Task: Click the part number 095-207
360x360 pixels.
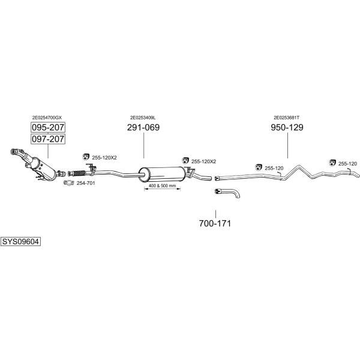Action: tap(48, 127)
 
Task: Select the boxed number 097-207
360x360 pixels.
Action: tap(48, 139)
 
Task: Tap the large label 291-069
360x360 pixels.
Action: tap(143, 127)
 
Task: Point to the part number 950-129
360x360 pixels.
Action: tap(287, 127)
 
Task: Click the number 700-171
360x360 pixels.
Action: tap(215, 223)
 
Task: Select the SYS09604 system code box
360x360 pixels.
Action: tap(20, 242)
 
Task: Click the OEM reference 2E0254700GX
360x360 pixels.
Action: tap(47, 118)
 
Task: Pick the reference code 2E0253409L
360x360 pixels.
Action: tap(143, 118)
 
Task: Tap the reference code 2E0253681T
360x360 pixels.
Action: tap(287, 118)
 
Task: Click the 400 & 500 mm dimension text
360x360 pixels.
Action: tap(162, 185)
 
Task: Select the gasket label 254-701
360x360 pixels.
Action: tap(86, 183)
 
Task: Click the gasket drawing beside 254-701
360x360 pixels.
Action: tap(68, 183)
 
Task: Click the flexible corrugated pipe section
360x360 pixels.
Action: tap(79, 173)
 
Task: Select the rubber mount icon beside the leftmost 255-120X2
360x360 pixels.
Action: tap(86, 157)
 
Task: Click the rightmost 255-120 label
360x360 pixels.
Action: tap(347, 163)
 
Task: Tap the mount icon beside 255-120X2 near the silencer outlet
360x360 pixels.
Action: tap(185, 161)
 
